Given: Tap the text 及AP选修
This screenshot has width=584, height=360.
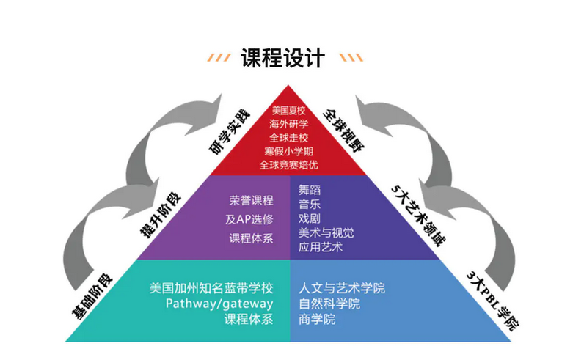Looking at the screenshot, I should [x=249, y=218].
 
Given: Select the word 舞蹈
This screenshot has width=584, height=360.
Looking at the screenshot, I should [x=309, y=189].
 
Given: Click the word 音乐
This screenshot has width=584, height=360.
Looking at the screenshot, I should [x=309, y=204].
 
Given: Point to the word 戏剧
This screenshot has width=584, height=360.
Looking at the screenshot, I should [x=309, y=218].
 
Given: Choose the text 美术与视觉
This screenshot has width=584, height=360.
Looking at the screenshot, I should [x=326, y=232].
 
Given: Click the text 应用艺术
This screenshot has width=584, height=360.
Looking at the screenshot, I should [x=321, y=247].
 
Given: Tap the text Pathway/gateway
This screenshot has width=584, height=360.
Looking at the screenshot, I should [x=219, y=303].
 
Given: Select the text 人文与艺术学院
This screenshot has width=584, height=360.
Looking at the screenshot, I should [x=341, y=287].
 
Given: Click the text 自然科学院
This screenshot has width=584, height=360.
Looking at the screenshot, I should [x=329, y=303].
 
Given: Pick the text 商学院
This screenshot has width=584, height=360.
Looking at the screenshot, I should [x=317, y=319].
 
